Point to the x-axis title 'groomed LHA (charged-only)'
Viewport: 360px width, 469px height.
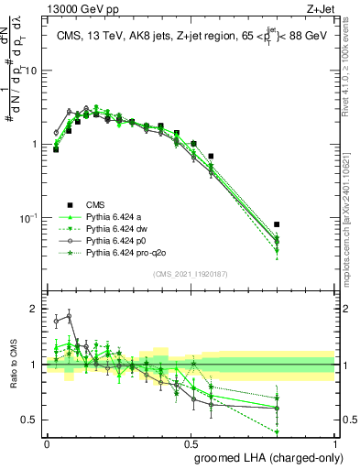265,456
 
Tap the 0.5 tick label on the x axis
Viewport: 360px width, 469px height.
191,442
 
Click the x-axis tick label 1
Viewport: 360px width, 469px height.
336,442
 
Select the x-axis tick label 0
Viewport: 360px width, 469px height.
47,442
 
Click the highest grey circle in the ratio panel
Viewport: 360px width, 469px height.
69,316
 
